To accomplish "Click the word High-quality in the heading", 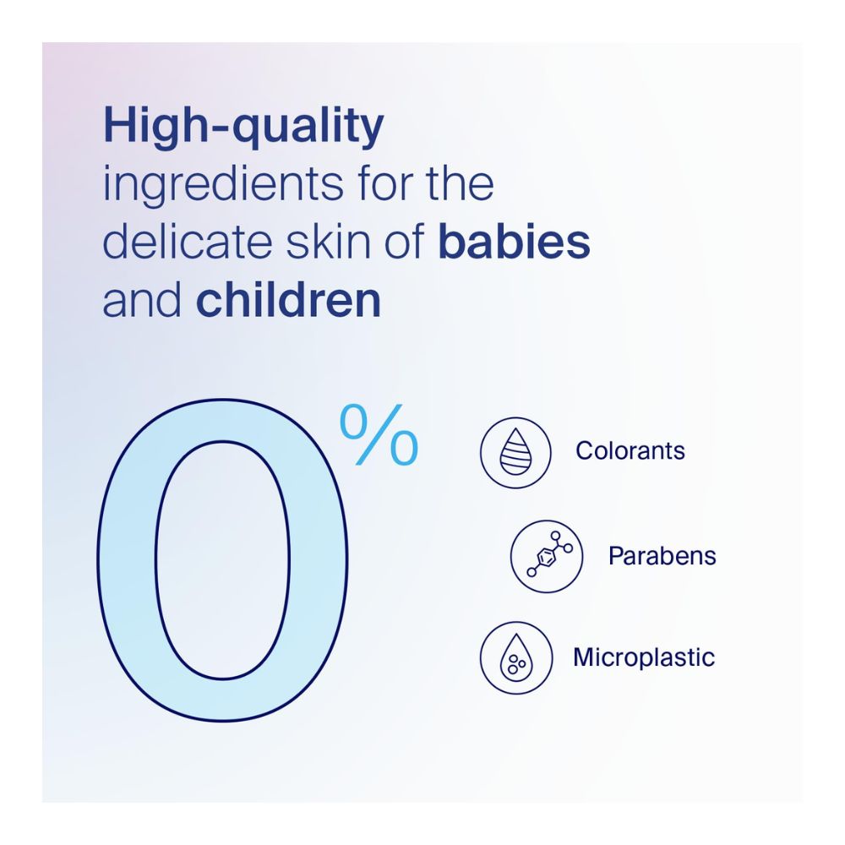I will pyautogui.click(x=243, y=127).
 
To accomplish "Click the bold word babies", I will pyautogui.click(x=514, y=242).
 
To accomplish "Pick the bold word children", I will pyautogui.click(x=288, y=300).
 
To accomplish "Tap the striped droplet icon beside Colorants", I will pyautogui.click(x=515, y=453).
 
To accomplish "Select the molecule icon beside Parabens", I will pyautogui.click(x=547, y=556).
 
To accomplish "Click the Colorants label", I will pyautogui.click(x=630, y=450).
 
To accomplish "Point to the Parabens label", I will pyautogui.click(x=662, y=556).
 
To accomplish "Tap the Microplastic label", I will pyautogui.click(x=644, y=657).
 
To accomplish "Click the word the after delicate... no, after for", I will pyautogui.click(x=462, y=184).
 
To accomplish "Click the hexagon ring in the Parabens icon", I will pyautogui.click(x=546, y=558).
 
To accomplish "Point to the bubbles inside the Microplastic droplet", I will pyautogui.click(x=514, y=665).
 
